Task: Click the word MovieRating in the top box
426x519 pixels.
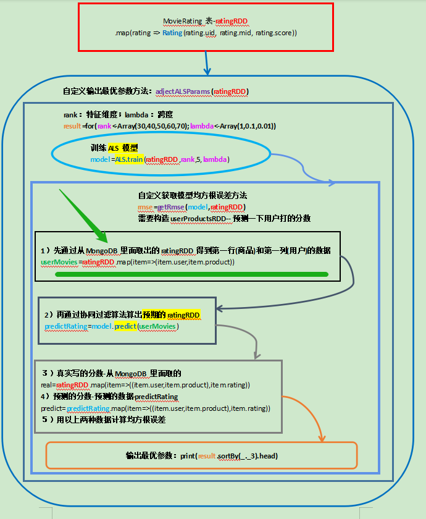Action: click(x=182, y=21)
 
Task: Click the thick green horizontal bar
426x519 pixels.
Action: click(x=191, y=274)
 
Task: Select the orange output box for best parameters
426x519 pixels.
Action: click(x=201, y=455)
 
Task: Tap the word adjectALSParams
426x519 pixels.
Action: click(x=183, y=91)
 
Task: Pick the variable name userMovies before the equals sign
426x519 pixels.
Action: click(x=59, y=262)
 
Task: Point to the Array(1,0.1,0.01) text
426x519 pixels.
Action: click(x=244, y=125)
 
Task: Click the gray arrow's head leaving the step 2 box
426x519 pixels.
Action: click(x=255, y=356)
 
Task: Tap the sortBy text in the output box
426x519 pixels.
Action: click(x=230, y=455)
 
